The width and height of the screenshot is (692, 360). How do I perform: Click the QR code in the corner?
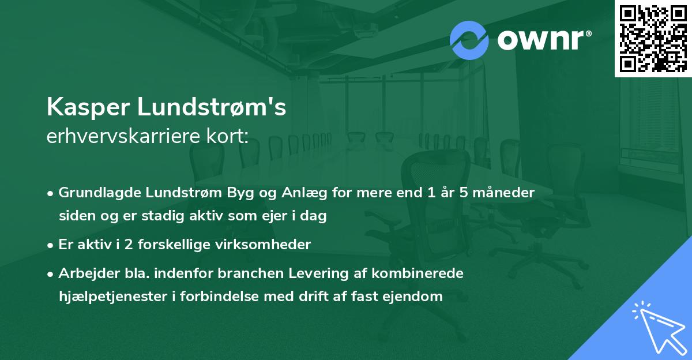point(653,38)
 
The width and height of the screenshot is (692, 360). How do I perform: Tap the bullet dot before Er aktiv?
point(51,245)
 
